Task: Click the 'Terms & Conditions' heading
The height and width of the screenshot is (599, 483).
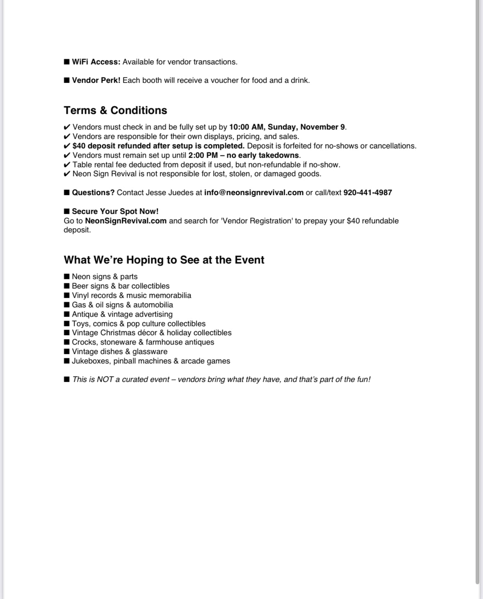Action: [115, 110]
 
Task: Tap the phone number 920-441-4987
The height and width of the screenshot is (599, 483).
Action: [367, 193]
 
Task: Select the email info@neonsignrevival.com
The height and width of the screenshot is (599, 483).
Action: [254, 193]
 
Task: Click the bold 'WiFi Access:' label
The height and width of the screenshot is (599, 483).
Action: [96, 62]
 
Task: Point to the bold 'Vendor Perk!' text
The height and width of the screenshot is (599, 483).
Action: [96, 80]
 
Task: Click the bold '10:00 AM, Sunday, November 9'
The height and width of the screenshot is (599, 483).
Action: [287, 127]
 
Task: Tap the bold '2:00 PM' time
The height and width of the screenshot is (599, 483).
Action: [203, 155]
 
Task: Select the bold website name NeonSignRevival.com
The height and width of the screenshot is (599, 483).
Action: [126, 221]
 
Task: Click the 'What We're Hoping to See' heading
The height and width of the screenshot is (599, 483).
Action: [164, 260]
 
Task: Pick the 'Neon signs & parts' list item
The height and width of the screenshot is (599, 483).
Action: [104, 277]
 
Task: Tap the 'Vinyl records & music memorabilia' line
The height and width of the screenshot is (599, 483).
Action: [131, 295]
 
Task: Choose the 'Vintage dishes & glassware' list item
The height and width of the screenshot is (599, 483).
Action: [119, 352]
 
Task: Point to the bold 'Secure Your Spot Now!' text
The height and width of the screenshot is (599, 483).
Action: [115, 211]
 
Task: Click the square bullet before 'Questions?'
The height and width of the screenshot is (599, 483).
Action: [67, 193]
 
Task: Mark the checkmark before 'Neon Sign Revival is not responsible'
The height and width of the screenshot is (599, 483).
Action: [67, 174]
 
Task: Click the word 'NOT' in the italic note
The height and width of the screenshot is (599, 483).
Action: [105, 379]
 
